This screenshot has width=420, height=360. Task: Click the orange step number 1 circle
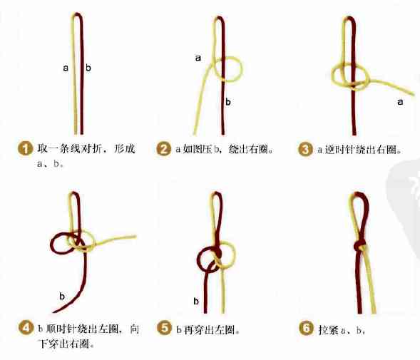click(25, 149)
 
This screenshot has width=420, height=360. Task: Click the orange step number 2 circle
click(164, 149)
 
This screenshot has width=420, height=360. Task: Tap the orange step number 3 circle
click(305, 149)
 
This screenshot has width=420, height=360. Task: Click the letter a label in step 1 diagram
click(66, 68)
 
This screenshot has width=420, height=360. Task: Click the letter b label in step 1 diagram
click(88, 68)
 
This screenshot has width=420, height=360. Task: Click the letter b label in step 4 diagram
click(62, 294)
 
